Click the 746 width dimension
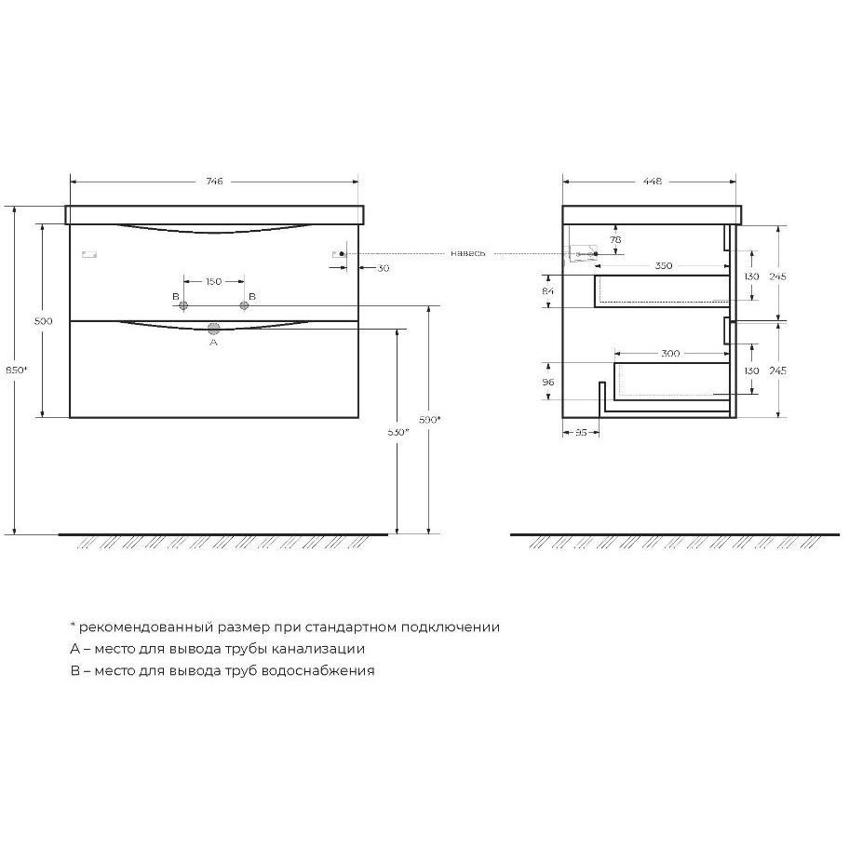coord(214,182)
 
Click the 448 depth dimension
coord(653,182)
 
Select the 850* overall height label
coord(16,371)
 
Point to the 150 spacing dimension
coord(214,281)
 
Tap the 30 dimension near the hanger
coord(384,268)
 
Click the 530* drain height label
coord(398,432)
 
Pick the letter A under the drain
coord(213,343)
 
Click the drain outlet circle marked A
coord(214,329)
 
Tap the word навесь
coord(468,253)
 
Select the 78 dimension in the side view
coord(615,239)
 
